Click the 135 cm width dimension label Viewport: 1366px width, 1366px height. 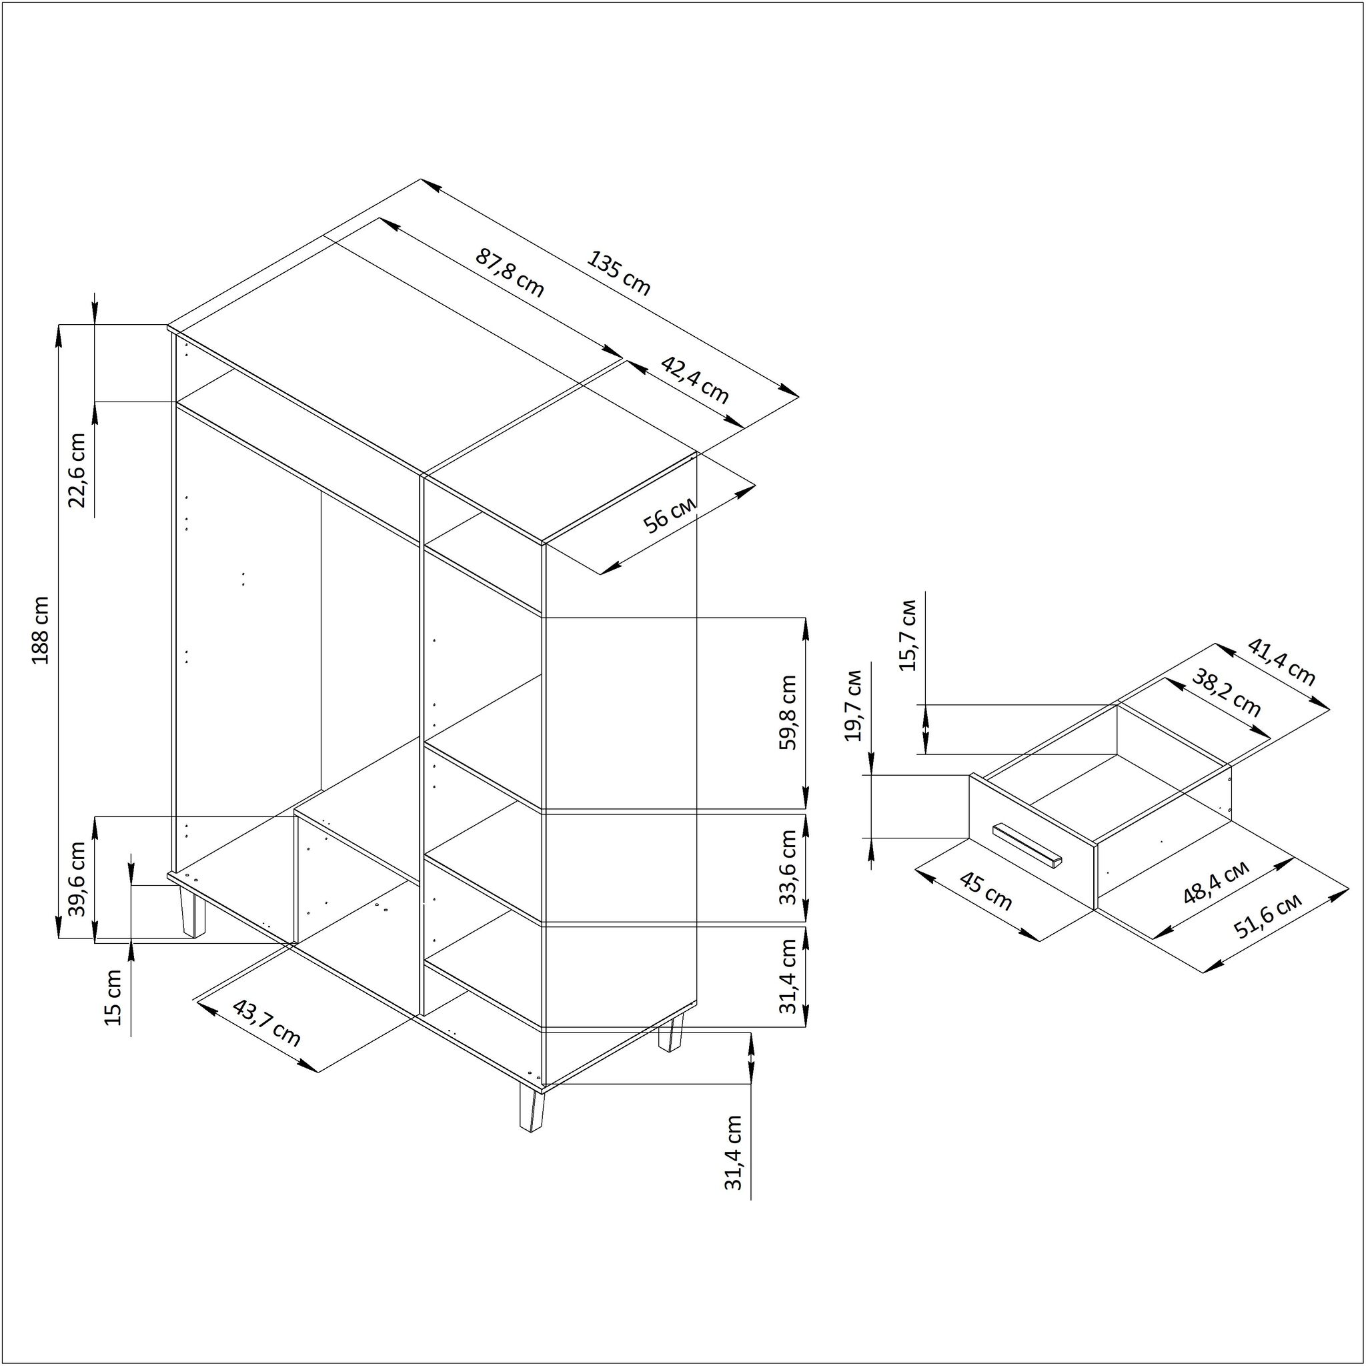click(618, 273)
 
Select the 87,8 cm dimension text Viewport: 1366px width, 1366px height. click(509, 273)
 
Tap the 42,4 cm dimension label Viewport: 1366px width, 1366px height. click(694, 380)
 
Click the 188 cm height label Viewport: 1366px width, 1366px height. click(41, 630)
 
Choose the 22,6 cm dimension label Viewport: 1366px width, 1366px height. click(76, 470)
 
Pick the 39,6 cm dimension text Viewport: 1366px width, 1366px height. click(76, 879)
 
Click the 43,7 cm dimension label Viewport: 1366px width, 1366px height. click(267, 1023)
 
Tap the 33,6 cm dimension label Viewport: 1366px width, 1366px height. click(788, 867)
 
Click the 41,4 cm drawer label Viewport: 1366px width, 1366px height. click(1281, 662)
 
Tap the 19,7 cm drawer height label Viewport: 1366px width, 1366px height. click(855, 705)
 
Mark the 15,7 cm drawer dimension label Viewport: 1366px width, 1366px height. click(909, 634)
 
